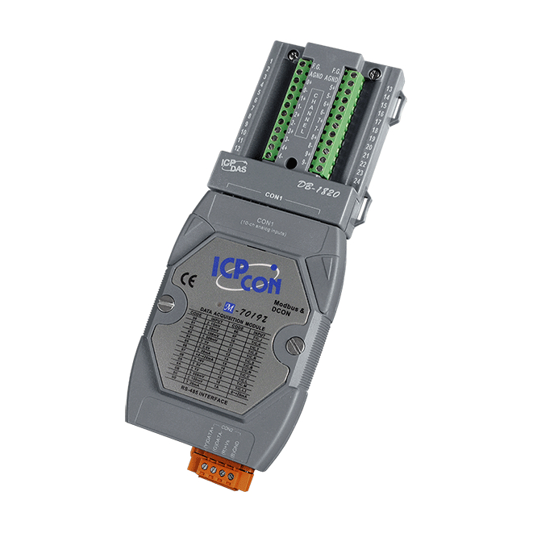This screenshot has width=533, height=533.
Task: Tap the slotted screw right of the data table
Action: [295, 348]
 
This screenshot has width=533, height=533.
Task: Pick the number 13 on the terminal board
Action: [389, 86]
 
